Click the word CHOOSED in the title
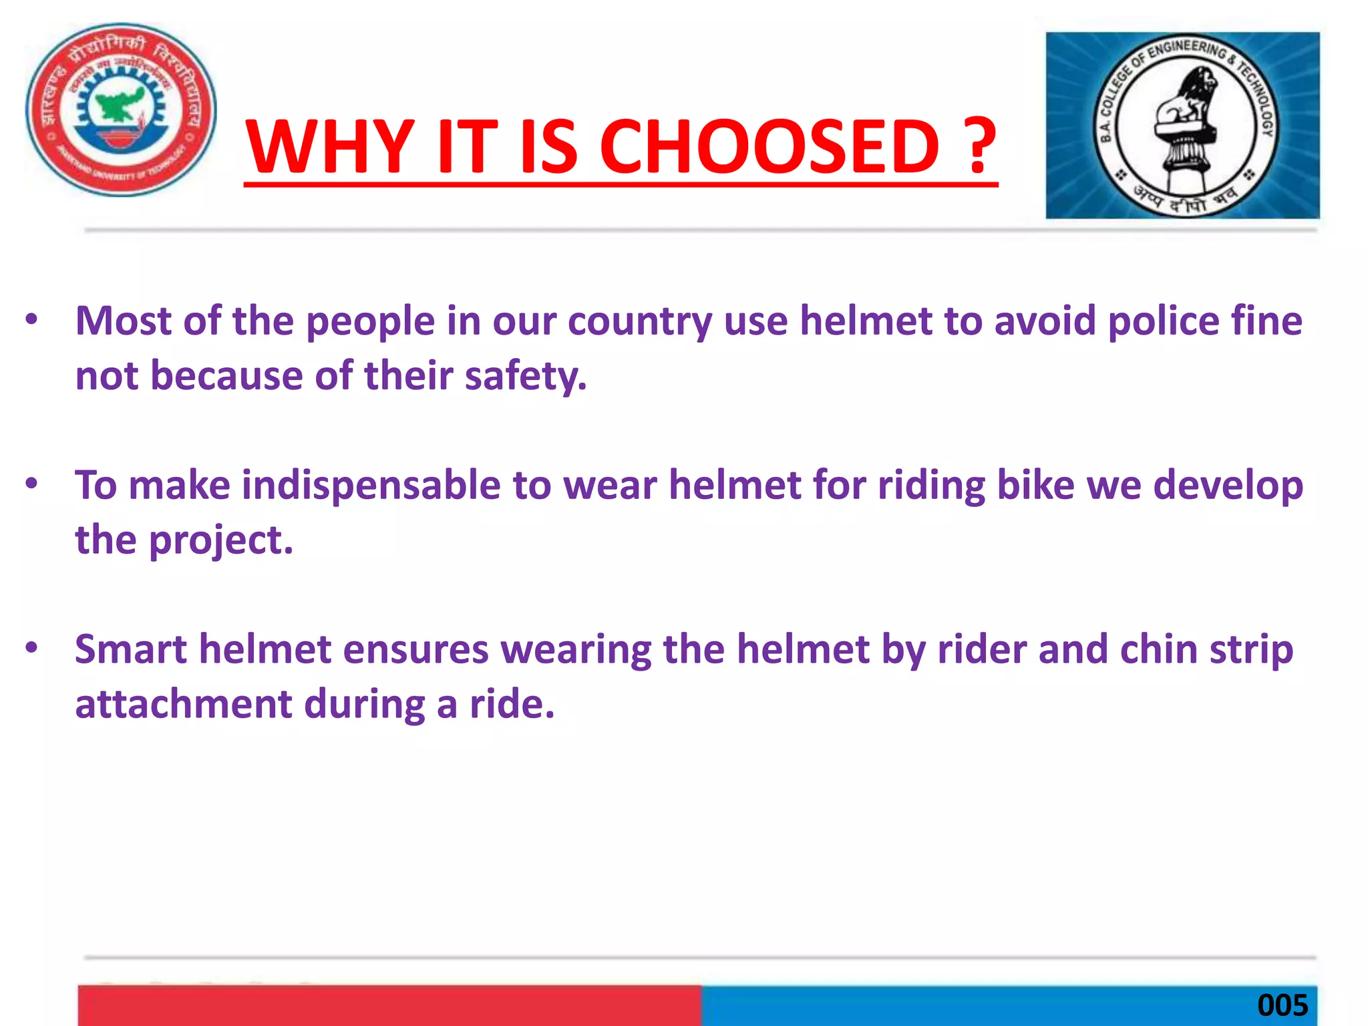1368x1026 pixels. click(769, 146)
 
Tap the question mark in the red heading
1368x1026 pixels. click(979, 146)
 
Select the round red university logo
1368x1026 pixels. click(121, 110)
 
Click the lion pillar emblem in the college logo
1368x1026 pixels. click(1185, 127)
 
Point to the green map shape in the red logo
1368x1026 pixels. click(121, 104)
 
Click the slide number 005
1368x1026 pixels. click(1282, 1005)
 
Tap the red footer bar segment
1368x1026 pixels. click(389, 1005)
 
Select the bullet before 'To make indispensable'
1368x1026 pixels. click(31, 484)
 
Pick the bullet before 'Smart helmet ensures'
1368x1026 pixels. click(31, 648)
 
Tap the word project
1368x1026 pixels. click(220, 540)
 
